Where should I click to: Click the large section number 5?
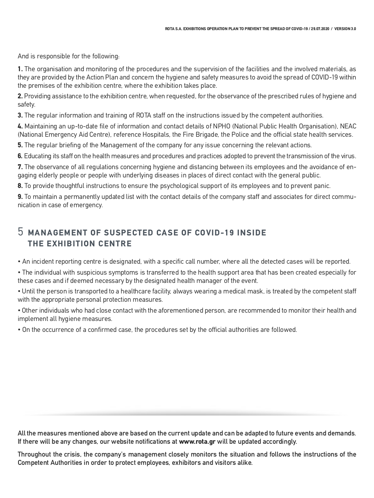point(21,232)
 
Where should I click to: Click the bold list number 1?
point(20,69)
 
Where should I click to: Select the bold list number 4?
point(20,127)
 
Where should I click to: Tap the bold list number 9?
point(20,197)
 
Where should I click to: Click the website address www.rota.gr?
point(197,442)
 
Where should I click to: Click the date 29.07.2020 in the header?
point(320,29)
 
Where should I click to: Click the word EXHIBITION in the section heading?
point(70,244)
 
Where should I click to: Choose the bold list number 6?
point(20,156)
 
